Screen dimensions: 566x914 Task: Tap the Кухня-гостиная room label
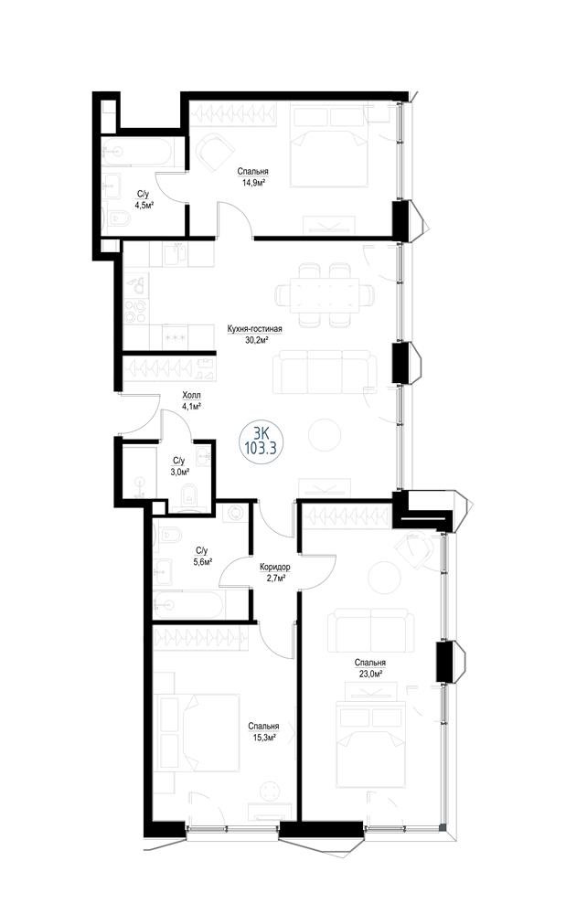(255, 329)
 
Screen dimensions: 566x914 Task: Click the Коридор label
(275, 567)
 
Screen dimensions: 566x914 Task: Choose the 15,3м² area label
(263, 737)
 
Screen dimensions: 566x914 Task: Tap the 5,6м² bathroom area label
(201, 561)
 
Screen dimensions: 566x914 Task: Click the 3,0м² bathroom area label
(181, 473)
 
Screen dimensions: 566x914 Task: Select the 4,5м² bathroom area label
(144, 205)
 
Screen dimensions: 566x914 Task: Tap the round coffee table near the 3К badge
(324, 435)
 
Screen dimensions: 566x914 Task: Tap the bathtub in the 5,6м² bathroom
(188, 605)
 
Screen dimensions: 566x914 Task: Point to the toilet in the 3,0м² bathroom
(187, 494)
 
